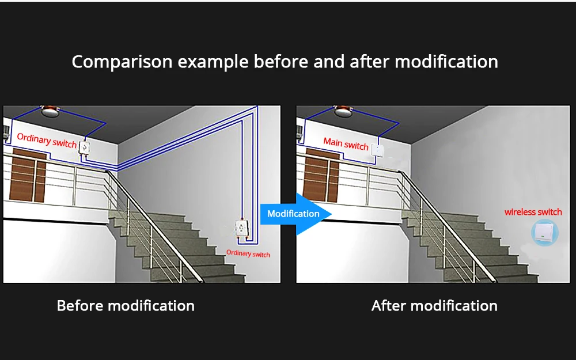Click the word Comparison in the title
122,62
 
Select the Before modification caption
126,305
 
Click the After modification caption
434,305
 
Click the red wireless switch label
533,212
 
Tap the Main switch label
346,144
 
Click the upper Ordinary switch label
47,139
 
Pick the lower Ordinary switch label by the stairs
248,253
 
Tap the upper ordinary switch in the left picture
86,149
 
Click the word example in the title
213,62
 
